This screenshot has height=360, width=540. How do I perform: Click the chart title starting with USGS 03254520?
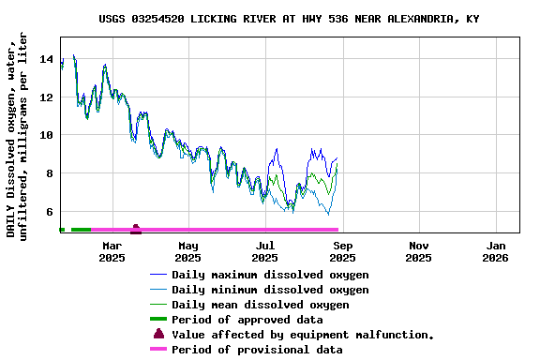pos(289,19)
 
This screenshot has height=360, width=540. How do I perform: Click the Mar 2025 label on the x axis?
pos(112,251)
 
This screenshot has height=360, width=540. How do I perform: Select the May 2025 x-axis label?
pos(188,251)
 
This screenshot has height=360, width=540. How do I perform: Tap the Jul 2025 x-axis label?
pos(265,251)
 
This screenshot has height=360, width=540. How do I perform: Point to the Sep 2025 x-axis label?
pos(342,251)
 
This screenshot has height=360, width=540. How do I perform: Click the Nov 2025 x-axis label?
pos(419,251)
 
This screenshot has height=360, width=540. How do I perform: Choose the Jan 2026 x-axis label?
pos(496,251)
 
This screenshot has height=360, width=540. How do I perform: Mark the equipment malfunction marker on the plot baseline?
pos(136,229)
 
